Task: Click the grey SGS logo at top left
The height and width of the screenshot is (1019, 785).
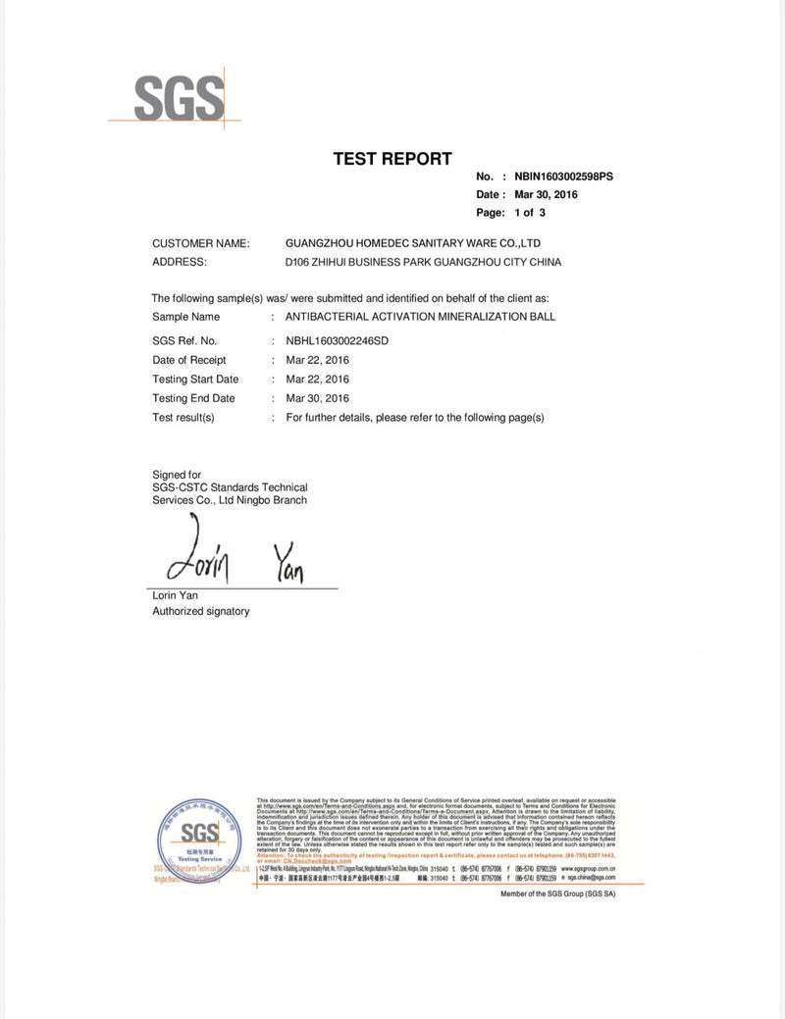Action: (177, 98)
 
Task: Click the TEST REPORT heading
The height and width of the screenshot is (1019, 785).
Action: (392, 158)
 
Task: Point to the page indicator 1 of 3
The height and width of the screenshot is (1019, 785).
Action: (530, 212)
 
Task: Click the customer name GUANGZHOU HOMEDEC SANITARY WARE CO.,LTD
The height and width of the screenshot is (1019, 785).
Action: (412, 242)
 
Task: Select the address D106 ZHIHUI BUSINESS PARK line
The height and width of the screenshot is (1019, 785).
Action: (423, 262)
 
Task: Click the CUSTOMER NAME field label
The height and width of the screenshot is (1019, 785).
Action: (200, 242)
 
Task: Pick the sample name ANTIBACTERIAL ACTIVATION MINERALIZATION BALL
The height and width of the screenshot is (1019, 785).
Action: (420, 317)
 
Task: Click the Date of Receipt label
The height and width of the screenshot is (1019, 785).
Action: (189, 360)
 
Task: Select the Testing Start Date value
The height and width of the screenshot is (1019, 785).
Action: (317, 379)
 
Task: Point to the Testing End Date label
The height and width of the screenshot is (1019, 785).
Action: (193, 398)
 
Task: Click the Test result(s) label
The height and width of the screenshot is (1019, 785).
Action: (183, 417)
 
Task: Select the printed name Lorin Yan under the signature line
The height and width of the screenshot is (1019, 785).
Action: (176, 595)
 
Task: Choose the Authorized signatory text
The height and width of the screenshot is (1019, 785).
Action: (200, 611)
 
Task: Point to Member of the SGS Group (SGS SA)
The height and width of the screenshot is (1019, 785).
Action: (571, 894)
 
